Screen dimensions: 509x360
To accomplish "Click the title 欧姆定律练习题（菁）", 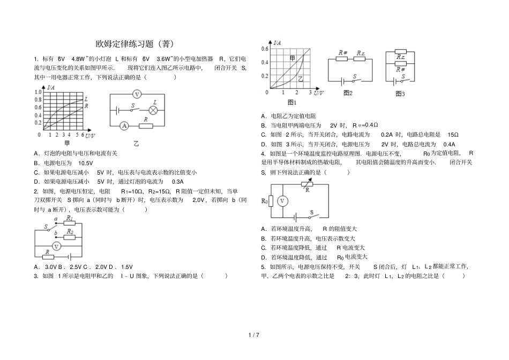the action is (134, 43).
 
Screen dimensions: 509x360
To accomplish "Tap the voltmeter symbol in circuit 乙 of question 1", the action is (137, 94).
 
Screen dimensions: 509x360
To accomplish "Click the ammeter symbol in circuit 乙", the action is (124, 126).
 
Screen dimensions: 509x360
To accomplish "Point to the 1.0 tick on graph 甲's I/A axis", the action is (38, 92).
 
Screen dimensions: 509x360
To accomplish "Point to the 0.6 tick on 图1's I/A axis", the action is (264, 49).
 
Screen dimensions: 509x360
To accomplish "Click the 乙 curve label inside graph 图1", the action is (300, 79).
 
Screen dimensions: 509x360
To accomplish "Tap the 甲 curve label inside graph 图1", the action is (292, 57).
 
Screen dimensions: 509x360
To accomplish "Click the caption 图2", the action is (348, 93).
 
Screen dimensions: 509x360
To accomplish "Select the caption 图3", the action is (400, 93).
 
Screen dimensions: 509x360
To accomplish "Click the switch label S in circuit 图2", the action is (354, 77).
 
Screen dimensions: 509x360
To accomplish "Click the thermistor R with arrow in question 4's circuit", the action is (307, 185).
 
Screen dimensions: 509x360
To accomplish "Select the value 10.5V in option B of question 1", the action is (86, 162).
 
